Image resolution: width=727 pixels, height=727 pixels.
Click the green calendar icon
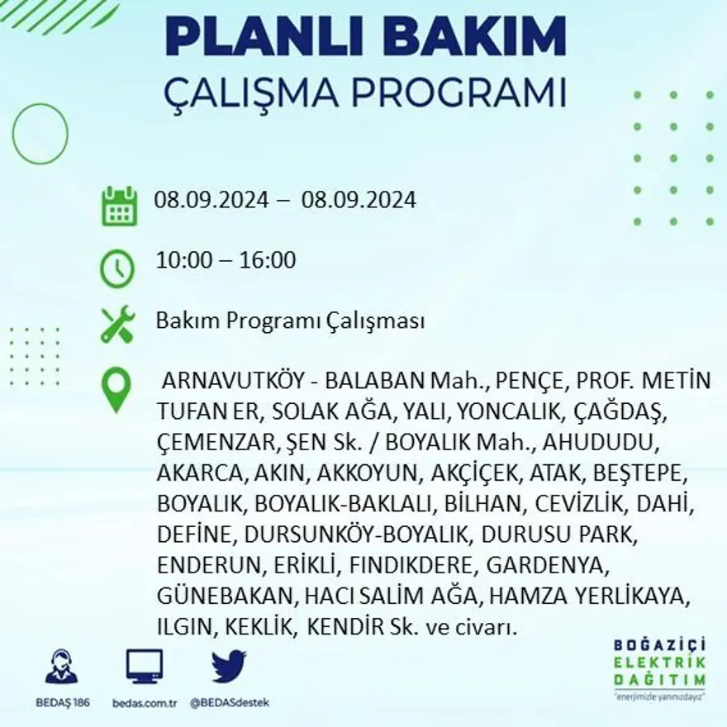[119, 207]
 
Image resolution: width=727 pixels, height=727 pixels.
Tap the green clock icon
[117, 268]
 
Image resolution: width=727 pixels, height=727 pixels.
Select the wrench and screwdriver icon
[117, 323]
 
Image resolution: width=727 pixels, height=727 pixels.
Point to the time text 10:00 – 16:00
[226, 260]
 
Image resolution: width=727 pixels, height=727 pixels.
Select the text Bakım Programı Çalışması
[290, 321]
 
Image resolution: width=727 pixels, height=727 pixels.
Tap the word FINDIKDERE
[412, 566]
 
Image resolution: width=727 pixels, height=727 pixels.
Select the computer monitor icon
[144, 666]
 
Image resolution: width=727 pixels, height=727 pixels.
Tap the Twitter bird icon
[228, 666]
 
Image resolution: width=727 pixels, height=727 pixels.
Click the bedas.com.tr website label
[145, 702]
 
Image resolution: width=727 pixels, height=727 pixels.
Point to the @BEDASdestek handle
[230, 702]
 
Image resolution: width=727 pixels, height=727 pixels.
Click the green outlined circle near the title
[40, 134]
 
